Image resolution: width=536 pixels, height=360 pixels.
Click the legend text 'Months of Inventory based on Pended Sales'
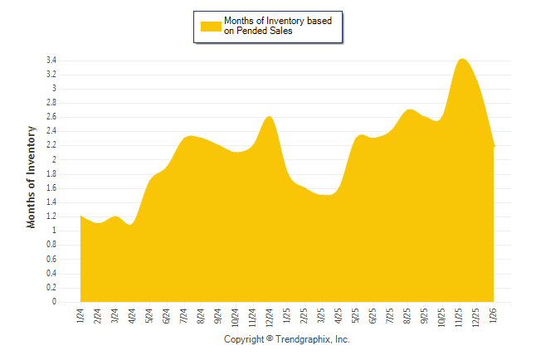282,26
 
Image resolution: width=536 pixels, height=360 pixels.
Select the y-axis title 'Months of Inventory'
32,177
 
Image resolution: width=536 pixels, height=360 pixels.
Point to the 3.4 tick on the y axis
51,61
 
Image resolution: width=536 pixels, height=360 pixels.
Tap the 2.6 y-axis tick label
51,118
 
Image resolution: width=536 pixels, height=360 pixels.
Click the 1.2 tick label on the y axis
51,217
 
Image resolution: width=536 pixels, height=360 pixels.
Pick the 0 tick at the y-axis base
54,303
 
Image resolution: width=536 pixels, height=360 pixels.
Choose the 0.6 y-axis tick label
51,260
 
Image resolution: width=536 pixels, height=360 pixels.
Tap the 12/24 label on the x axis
269,317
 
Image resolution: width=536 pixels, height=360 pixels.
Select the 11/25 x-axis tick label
459,317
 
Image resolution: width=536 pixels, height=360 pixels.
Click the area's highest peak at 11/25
462,59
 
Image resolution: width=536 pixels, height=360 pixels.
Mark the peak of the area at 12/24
269,116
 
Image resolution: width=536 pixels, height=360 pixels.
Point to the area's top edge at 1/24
80,216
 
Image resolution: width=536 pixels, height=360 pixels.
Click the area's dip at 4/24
132,225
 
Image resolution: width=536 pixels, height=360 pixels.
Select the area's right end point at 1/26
495,147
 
